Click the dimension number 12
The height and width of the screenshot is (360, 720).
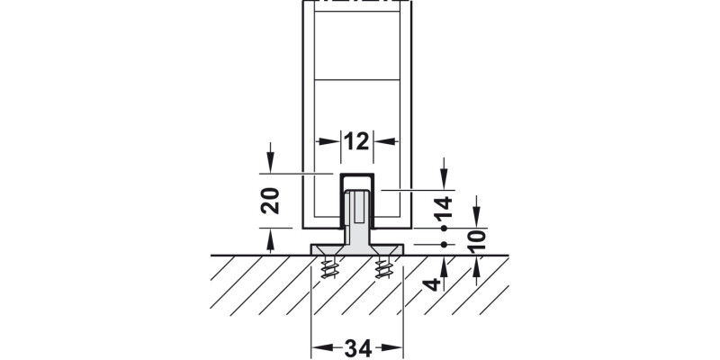click(x=356, y=141)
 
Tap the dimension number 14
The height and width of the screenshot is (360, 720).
click(x=444, y=208)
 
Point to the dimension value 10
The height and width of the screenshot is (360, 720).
click(x=478, y=238)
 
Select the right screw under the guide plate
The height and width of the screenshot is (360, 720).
click(x=384, y=267)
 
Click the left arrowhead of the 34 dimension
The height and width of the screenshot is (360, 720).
click(x=319, y=346)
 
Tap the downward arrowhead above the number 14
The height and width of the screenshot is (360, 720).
click(x=444, y=183)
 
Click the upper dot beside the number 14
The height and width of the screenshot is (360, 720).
click(x=444, y=229)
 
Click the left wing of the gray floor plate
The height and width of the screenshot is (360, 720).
click(x=325, y=248)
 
